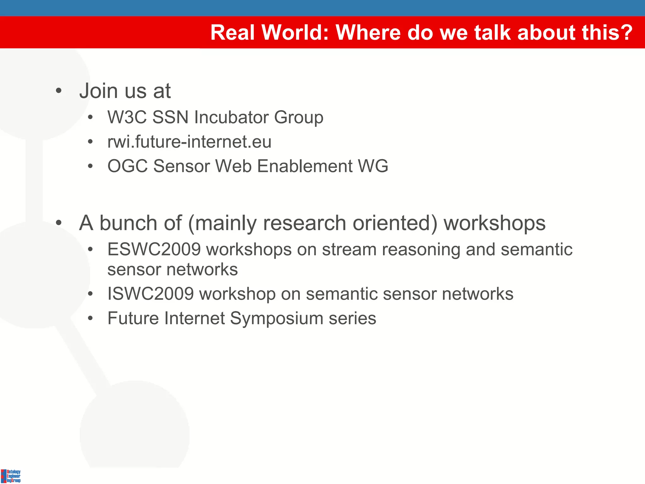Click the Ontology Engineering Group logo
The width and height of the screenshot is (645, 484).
point(11,476)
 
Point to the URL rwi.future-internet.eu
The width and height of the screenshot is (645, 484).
point(189,141)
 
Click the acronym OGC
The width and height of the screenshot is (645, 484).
point(127,166)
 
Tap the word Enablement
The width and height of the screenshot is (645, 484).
point(305,166)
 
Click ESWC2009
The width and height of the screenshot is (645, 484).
point(154,250)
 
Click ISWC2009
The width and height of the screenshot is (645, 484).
point(150,294)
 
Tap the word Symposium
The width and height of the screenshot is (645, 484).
point(277,318)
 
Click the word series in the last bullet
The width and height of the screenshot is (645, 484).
point(352,318)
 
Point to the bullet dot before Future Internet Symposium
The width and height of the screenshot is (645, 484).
point(90,319)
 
